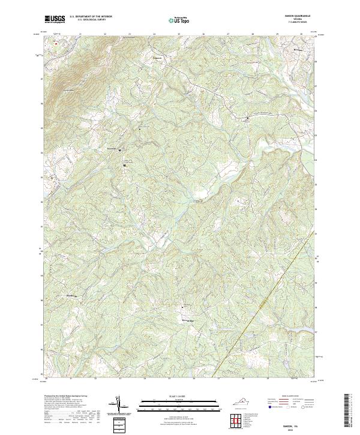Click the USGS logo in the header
point(55,20)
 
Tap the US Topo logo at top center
point(179,20)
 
